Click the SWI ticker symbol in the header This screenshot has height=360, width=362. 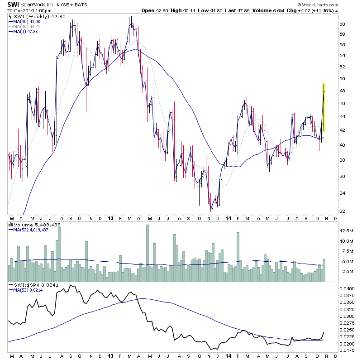pos(14,4)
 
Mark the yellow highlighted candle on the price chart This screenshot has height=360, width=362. pos(324,108)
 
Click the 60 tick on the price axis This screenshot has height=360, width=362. pos(343,24)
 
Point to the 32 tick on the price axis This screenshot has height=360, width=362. pos(343,211)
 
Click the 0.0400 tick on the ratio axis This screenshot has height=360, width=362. pos(348,288)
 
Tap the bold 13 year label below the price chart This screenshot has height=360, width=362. pos(110,217)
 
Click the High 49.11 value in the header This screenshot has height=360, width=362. pos(191,10)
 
